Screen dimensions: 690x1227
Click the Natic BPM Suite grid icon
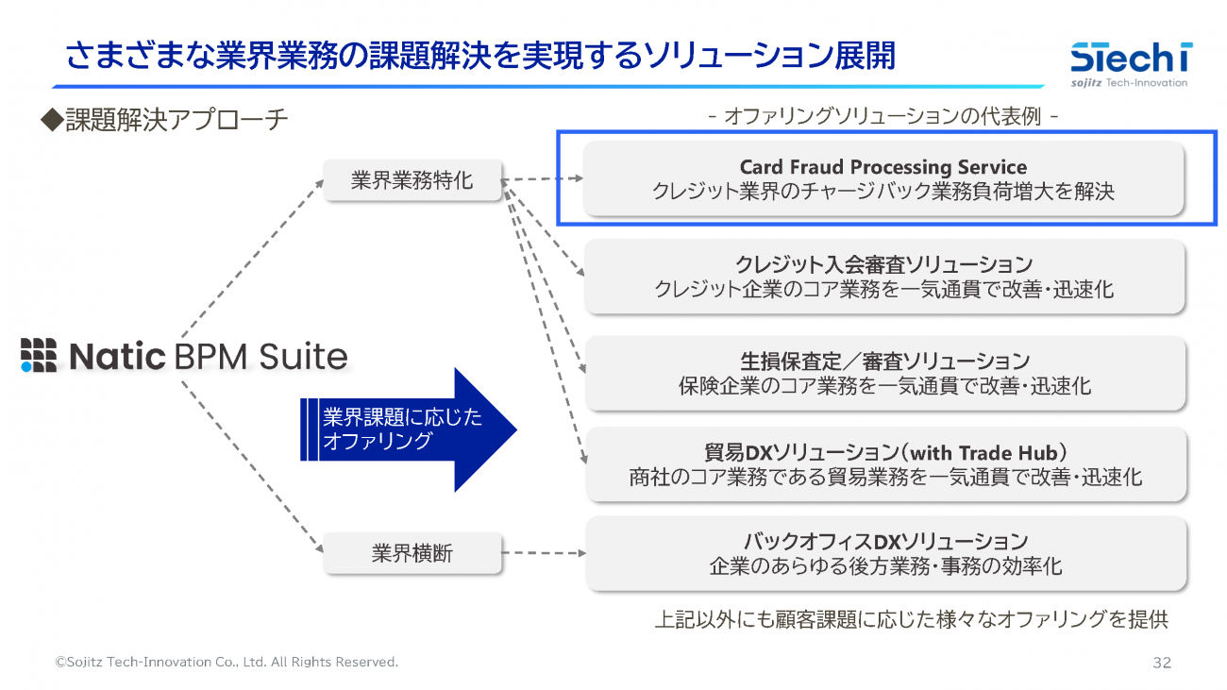pos(39,354)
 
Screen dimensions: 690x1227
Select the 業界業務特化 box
pos(412,180)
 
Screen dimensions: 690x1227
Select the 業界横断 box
pos(412,553)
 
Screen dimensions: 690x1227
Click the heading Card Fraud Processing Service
pos(882,167)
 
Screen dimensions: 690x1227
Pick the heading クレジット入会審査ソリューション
pos(883,264)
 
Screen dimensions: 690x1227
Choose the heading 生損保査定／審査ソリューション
pos(884,362)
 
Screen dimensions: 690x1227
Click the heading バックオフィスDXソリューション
pos(884,542)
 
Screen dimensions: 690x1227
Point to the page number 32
pos(1161,663)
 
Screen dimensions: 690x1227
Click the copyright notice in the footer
pos(227,663)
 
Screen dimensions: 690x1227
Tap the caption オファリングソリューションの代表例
pos(882,117)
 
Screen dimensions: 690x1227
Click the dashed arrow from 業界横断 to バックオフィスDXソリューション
pos(543,553)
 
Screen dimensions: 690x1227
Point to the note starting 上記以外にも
pos(911,620)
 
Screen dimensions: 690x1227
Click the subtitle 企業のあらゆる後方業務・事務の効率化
pos(884,566)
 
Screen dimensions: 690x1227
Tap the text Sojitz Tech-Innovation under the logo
pos(1129,83)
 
